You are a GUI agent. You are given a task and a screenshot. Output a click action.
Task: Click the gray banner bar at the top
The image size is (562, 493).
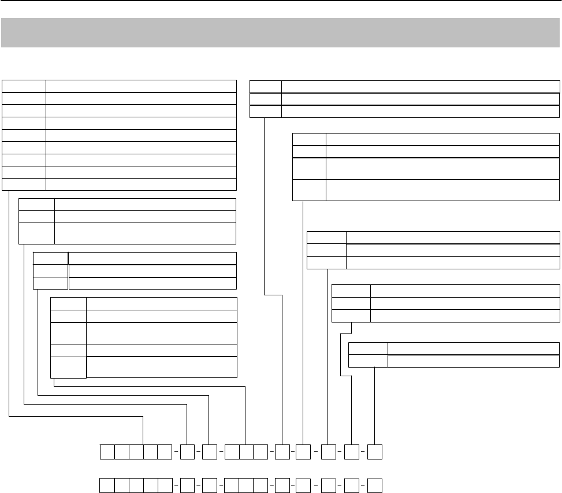pos(281,32)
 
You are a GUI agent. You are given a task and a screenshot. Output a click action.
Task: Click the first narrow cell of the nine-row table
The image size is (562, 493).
pos(24,86)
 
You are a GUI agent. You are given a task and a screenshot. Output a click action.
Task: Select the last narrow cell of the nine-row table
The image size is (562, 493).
pos(24,184)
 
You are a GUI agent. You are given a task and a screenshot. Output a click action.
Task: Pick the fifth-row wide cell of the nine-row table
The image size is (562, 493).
pos(141,135)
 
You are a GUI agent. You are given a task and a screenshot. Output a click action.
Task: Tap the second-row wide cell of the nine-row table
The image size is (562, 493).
pos(141,98)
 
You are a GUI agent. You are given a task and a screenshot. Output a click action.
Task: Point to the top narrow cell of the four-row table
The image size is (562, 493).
pos(309,139)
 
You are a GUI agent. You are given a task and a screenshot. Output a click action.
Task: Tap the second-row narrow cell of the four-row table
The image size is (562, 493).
pos(309,151)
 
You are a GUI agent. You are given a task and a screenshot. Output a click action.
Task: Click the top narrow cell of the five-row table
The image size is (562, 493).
pos(68,303)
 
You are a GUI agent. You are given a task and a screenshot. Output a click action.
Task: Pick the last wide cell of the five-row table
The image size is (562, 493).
pos(162,367)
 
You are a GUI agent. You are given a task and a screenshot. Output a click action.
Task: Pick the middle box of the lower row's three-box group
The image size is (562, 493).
pos(245,485)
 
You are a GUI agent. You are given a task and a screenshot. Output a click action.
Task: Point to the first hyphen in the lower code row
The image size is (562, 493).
pos(176,485)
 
